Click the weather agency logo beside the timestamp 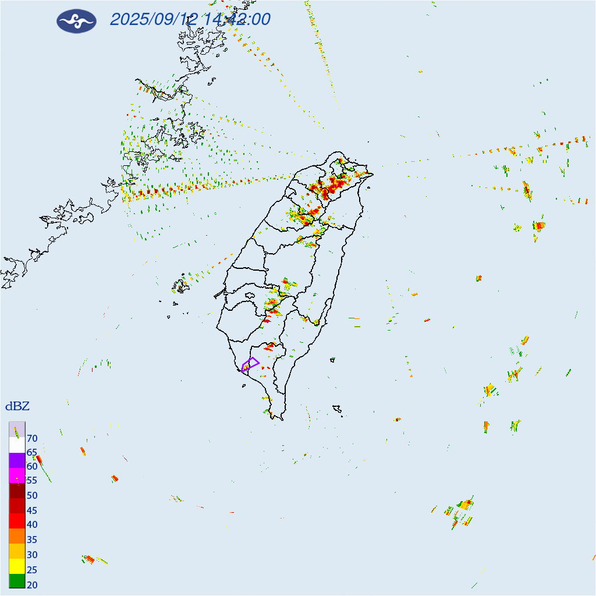coord(76,21)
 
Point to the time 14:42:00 coord(237,20)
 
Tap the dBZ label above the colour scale coord(17,406)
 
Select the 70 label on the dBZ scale coord(32,438)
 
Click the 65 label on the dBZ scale coord(32,452)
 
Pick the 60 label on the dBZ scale coord(32,466)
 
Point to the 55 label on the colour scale coord(32,481)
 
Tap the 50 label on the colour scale coord(32,495)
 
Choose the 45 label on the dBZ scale coord(32,510)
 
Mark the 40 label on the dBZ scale coord(32,524)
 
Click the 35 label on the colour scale coord(32,540)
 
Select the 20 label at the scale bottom coord(32,584)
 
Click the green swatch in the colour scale coord(17,580)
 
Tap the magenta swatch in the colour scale coord(17,475)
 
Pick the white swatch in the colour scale coord(17,445)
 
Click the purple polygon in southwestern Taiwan coord(250,364)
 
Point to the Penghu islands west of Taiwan coord(181,285)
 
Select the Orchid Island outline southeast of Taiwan coord(337,409)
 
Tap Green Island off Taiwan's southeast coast coord(332,360)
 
